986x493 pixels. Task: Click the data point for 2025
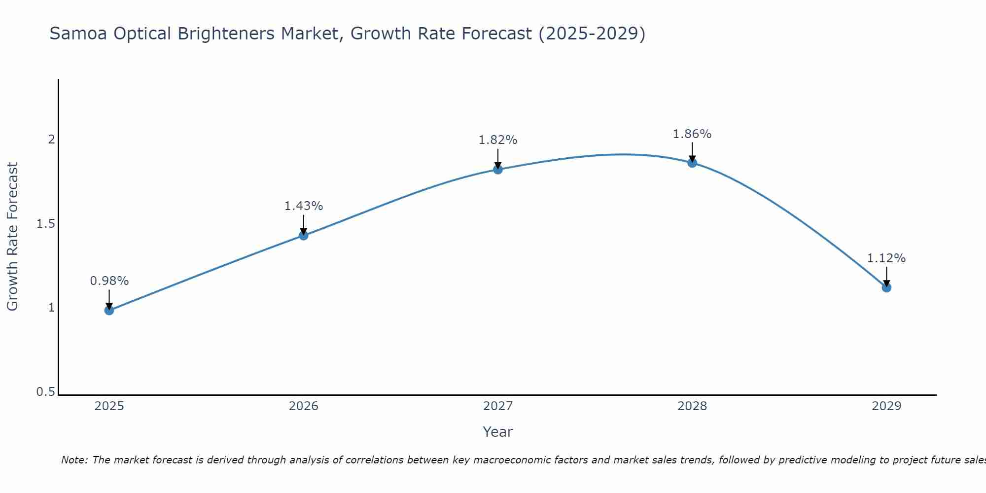109,310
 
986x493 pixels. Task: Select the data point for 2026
303,235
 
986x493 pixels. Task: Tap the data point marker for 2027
497,170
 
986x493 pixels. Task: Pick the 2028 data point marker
692,163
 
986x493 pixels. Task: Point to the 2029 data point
886,287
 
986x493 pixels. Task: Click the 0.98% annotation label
109,281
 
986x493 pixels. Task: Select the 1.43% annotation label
303,206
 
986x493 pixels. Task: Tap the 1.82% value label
497,140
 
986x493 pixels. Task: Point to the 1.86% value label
692,134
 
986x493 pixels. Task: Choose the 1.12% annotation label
886,258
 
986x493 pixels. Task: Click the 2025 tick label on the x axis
109,406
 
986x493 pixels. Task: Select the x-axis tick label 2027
497,406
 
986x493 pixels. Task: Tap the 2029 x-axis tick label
886,406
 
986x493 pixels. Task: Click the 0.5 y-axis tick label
45,392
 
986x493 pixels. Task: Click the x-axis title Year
497,432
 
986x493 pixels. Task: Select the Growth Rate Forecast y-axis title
12,237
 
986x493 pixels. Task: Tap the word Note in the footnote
74,460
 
